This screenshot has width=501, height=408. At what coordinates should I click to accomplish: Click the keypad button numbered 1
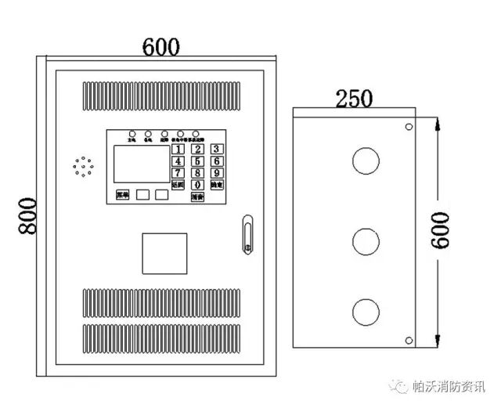point(179,149)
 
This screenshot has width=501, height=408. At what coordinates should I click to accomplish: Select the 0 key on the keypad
point(198,185)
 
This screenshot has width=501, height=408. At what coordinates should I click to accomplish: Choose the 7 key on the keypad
point(179,173)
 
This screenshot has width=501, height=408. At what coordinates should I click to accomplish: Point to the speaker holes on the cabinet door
point(83,166)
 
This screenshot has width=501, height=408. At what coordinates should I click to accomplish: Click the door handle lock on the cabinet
point(247,234)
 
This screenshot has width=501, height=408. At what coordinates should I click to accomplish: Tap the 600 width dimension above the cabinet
point(161,46)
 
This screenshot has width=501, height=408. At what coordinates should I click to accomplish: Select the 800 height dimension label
point(28,215)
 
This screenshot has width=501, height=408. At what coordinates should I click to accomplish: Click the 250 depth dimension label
point(354,99)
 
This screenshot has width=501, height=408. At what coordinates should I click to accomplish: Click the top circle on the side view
point(365,161)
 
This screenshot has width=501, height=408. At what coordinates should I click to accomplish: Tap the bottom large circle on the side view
point(365,312)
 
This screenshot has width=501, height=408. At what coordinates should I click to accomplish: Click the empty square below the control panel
point(164,255)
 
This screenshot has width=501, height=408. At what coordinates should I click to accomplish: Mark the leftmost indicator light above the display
point(132,134)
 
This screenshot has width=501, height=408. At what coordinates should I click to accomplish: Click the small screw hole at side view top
point(408,127)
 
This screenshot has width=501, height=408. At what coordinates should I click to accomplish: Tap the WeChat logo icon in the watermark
point(401,386)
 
